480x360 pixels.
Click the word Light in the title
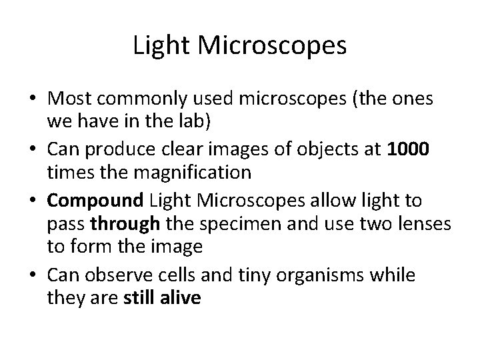157,46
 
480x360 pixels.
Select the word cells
187,275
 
